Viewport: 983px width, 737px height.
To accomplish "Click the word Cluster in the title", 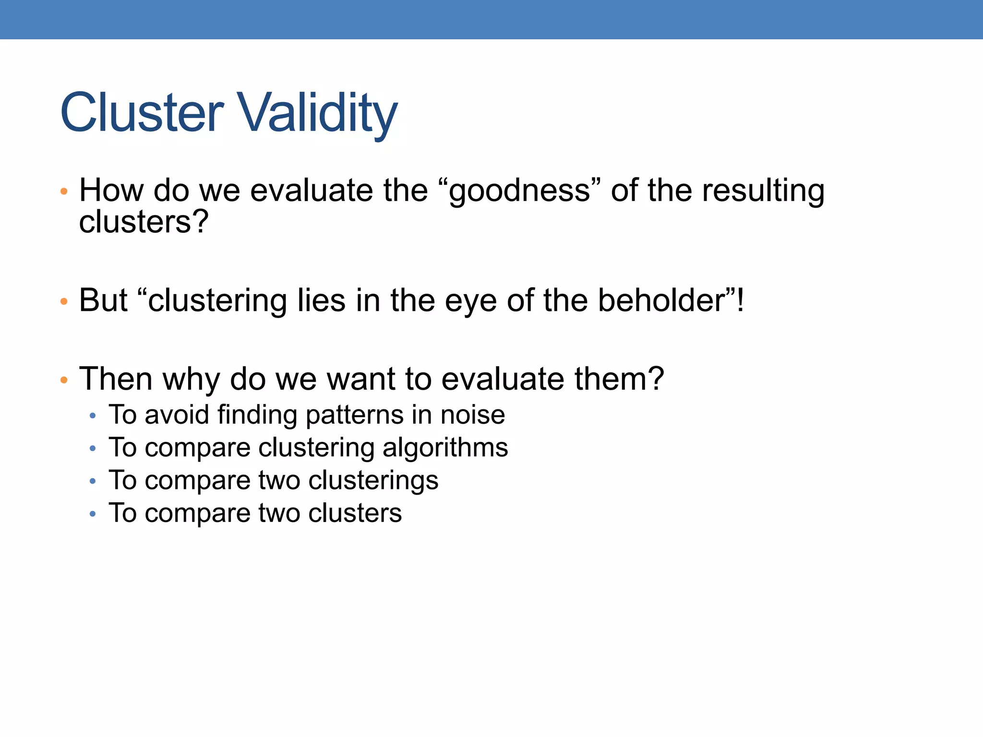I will [142, 113].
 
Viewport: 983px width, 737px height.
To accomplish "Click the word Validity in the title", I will [318, 113].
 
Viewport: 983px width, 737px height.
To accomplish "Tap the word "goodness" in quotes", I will [519, 190].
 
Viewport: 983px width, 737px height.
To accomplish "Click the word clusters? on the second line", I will [144, 222].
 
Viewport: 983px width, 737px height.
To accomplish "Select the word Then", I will [115, 379].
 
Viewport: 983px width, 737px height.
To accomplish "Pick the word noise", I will [472, 415].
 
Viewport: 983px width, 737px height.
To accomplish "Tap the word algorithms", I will [445, 448].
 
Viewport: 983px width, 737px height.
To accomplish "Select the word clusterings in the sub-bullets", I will [373, 481].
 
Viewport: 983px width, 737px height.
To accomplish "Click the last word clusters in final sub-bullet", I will [355, 513].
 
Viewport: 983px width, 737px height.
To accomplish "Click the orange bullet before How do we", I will [64, 192].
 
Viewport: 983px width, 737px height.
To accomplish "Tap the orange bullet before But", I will [64, 302].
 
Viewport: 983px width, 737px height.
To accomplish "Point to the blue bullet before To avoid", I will [93, 416].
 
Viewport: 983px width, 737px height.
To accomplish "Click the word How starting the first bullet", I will [111, 190].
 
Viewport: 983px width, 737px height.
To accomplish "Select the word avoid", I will [177, 415].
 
